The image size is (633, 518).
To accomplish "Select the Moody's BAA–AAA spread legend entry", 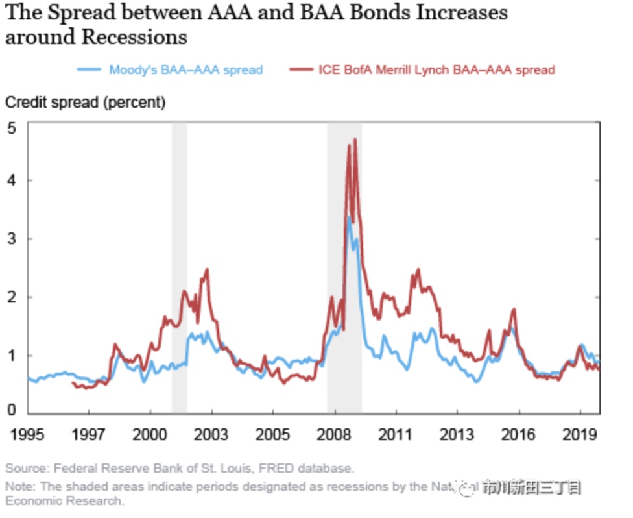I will click(x=185, y=69).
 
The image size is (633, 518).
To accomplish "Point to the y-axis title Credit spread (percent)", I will click(x=85, y=102).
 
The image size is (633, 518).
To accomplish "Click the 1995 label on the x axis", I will click(x=27, y=434).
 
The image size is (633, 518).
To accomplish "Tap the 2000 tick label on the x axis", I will click(x=150, y=434).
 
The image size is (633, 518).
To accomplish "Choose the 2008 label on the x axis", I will click(x=334, y=434).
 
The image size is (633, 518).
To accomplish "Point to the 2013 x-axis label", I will click(x=457, y=434).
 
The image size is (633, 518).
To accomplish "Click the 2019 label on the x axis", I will click(x=579, y=434).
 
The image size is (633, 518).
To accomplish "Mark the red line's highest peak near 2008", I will click(x=355, y=139).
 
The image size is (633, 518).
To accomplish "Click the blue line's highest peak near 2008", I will click(x=349, y=217).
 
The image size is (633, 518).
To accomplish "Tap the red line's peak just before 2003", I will click(x=207, y=269).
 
